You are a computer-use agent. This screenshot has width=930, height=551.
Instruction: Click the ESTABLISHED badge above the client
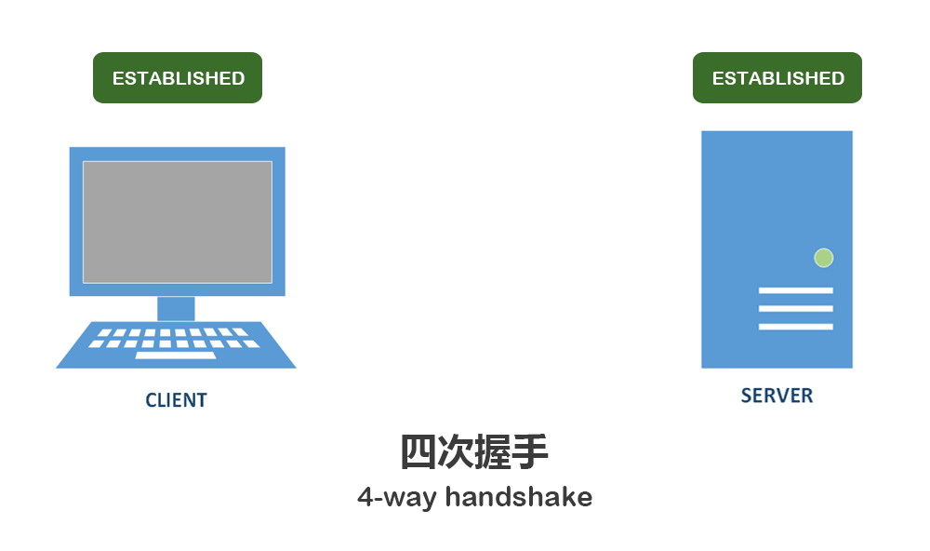[178, 78]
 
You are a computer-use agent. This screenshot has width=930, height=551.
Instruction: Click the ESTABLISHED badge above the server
[777, 78]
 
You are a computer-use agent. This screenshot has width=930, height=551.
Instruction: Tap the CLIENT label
[176, 400]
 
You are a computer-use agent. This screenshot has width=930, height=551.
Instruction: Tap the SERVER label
[777, 396]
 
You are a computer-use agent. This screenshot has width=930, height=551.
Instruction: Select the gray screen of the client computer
[177, 222]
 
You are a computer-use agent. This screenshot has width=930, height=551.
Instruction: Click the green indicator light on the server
[823, 258]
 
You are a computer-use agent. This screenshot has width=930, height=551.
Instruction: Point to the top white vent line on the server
[795, 290]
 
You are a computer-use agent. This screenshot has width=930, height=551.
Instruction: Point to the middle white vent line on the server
[795, 308]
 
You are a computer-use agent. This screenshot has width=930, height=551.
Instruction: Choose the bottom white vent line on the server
[795, 327]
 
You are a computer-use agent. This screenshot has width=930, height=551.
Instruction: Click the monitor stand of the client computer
[176, 308]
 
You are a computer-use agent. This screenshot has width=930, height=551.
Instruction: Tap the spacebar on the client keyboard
[175, 355]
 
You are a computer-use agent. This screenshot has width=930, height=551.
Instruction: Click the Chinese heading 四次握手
[474, 452]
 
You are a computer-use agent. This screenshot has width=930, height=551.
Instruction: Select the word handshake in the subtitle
[518, 496]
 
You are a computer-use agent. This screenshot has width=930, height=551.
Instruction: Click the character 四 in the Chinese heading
[418, 452]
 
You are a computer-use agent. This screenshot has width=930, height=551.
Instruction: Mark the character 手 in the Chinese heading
[530, 452]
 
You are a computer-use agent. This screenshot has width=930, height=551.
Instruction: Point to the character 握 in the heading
[493, 452]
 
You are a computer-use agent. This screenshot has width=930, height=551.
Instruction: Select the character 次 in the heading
[456, 452]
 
